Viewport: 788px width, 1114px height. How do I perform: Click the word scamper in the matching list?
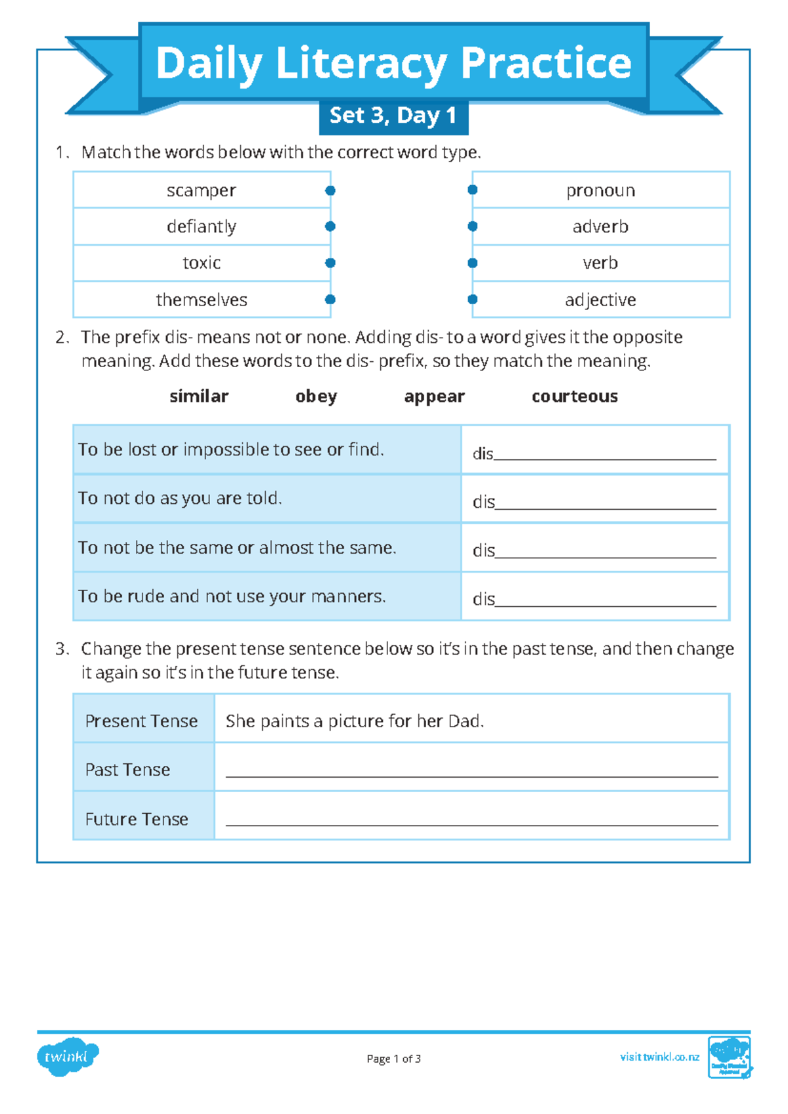tap(201, 190)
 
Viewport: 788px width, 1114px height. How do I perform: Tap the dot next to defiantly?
tap(330, 227)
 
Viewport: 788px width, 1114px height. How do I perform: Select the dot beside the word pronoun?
tap(472, 190)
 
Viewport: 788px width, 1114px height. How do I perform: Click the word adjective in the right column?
tap(600, 300)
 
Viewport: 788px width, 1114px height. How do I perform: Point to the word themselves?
tap(202, 300)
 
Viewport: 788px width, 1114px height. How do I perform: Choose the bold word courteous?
tap(575, 396)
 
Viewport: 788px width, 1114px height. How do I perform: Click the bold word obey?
tap(316, 396)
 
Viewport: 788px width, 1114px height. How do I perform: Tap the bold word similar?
tap(199, 396)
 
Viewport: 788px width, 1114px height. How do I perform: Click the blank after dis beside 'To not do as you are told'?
tap(605, 503)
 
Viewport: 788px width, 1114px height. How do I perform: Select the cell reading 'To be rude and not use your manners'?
tap(232, 596)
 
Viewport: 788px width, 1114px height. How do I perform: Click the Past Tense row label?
tap(128, 769)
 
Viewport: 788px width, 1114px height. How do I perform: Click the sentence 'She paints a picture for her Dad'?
tap(355, 721)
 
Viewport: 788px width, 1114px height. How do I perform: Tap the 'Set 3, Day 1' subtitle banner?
tap(393, 116)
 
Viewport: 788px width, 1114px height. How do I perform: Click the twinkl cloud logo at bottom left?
tap(67, 1057)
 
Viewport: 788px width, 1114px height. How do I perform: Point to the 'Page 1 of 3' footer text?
tap(393, 1058)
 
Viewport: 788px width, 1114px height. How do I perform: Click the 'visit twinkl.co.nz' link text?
tap(659, 1057)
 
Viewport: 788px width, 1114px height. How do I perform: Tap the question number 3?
tap(61, 649)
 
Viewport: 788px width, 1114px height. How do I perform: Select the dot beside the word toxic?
tap(330, 263)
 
